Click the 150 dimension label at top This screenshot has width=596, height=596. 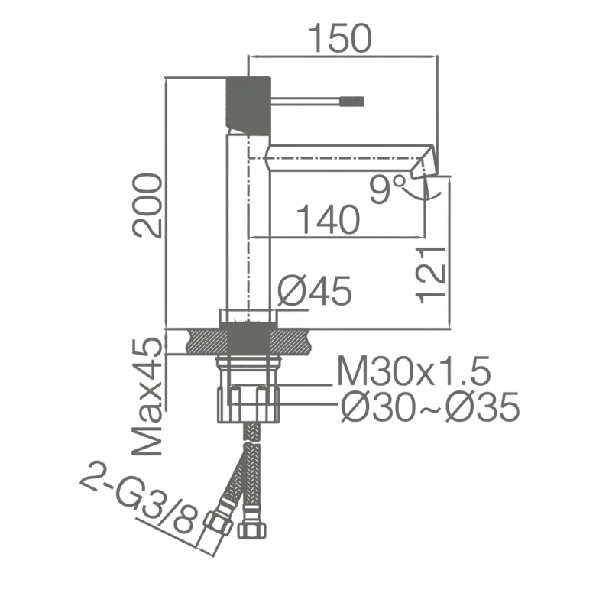(x=340, y=39)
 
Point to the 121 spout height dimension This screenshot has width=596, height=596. (x=431, y=275)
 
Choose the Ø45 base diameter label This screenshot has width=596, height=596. (x=315, y=291)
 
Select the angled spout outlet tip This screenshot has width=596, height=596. (x=424, y=162)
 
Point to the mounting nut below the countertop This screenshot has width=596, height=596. (x=248, y=403)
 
